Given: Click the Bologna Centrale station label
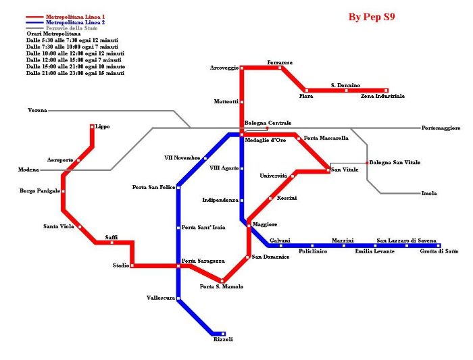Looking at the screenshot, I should pyautogui.click(x=268, y=123).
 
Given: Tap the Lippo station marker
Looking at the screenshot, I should pyautogui.click(x=92, y=126).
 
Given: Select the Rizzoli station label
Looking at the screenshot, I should pyautogui.click(x=223, y=340).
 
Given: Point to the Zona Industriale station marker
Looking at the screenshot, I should pyautogui.click(x=386, y=90).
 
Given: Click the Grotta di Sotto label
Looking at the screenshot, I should pyautogui.click(x=439, y=251).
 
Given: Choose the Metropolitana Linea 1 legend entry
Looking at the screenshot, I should pyautogui.click(x=75, y=16).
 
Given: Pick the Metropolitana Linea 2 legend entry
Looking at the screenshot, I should pyautogui.click(x=75, y=22).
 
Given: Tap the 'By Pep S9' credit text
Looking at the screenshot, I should pyautogui.click(x=372, y=17).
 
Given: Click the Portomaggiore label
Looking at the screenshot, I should pyautogui.click(x=441, y=128).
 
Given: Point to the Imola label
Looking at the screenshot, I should pyautogui.click(x=428, y=193).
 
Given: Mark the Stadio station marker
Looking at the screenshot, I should pyautogui.click(x=131, y=265).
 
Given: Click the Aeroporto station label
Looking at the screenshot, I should pyautogui.click(x=59, y=159).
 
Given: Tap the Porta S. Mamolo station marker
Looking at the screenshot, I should pyautogui.click(x=222, y=280).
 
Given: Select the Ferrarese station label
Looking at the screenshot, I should pyautogui.click(x=280, y=62).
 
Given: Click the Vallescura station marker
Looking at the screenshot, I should pyautogui.click(x=178, y=298).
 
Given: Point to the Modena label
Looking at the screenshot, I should pyautogui.click(x=28, y=170).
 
